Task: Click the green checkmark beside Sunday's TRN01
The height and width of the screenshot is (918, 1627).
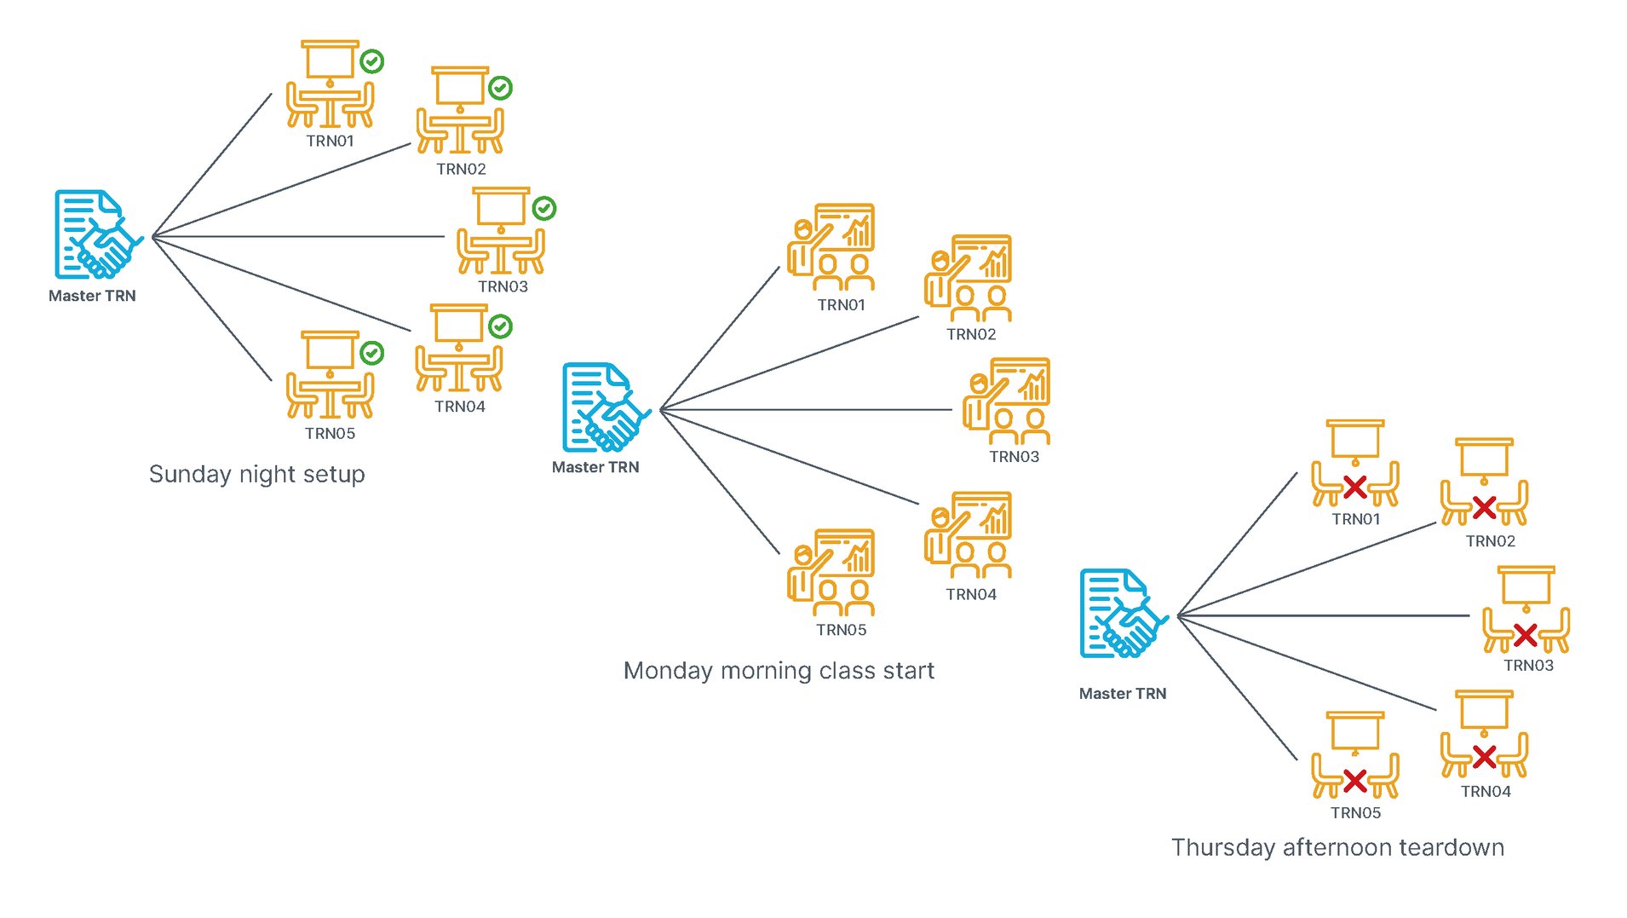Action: pyautogui.click(x=371, y=61)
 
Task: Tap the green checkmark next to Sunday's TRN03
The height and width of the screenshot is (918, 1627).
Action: pyautogui.click(x=544, y=208)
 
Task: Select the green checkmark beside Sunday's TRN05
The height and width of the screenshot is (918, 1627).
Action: pyautogui.click(x=371, y=353)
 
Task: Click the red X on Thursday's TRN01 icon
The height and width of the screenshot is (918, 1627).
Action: pyautogui.click(x=1355, y=488)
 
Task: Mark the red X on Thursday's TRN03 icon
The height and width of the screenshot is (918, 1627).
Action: pyautogui.click(x=1526, y=635)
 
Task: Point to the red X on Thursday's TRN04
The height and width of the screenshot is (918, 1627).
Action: pyautogui.click(x=1484, y=756)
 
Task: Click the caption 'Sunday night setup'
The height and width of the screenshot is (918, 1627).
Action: pyautogui.click(x=256, y=474)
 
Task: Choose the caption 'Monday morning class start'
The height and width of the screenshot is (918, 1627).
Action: pyautogui.click(x=779, y=671)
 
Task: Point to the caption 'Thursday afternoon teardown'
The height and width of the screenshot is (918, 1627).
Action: pyautogui.click(x=1337, y=847)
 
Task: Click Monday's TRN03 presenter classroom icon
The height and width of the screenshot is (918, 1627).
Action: pyautogui.click(x=1007, y=401)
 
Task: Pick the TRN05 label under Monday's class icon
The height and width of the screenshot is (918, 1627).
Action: pyautogui.click(x=841, y=630)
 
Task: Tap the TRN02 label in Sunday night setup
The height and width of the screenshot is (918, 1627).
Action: pyautogui.click(x=461, y=169)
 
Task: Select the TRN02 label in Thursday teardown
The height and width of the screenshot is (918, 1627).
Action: pyautogui.click(x=1490, y=541)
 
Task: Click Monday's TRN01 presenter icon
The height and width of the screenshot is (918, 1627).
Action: pyautogui.click(x=831, y=247)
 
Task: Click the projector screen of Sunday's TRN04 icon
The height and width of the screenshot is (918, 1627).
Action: pyautogui.click(x=459, y=323)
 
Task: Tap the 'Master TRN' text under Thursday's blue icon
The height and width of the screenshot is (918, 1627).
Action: pyautogui.click(x=1122, y=694)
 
